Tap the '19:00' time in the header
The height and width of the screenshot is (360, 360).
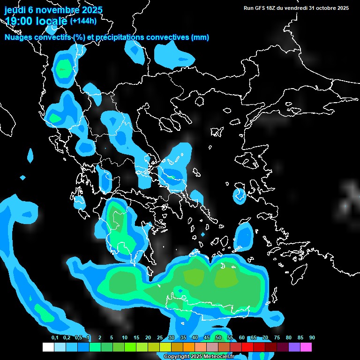(18, 21)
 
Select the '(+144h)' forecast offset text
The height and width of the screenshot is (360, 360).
(83, 21)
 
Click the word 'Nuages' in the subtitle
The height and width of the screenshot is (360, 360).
(19, 37)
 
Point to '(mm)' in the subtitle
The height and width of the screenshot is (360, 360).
(200, 37)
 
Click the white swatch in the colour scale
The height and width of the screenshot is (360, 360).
(48, 347)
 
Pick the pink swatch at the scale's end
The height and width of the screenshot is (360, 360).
(306, 347)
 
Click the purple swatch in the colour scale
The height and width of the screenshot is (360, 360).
(294, 347)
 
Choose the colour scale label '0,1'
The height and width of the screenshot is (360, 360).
(54, 338)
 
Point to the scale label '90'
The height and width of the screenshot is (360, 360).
(312, 338)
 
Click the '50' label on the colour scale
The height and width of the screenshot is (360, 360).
(218, 338)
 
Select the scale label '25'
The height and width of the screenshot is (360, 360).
(160, 338)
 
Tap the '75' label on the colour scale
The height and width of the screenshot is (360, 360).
(277, 338)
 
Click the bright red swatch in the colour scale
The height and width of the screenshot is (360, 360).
(247, 347)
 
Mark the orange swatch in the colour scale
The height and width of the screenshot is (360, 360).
(189, 347)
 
